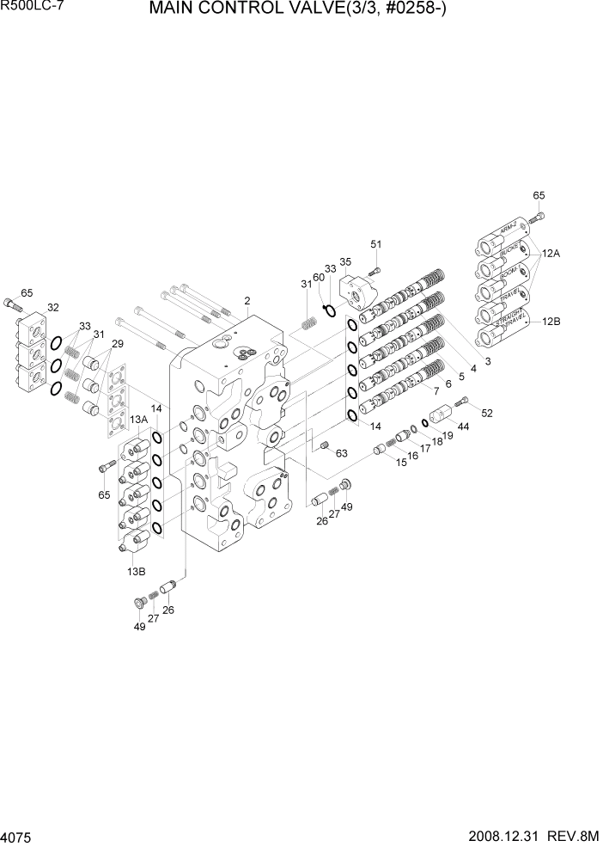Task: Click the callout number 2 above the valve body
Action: pos(247,301)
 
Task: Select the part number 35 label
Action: pos(345,261)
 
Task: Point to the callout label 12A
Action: pos(551,254)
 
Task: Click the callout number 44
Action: pos(463,426)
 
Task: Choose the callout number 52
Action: pos(487,414)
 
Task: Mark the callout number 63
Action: pos(341,453)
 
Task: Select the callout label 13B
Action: pos(136,570)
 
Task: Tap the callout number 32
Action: pos(52,307)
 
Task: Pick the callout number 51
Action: pos(375,244)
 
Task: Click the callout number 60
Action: pos(318,277)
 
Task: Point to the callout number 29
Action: pos(117,344)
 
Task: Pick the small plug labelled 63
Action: pos(325,445)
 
